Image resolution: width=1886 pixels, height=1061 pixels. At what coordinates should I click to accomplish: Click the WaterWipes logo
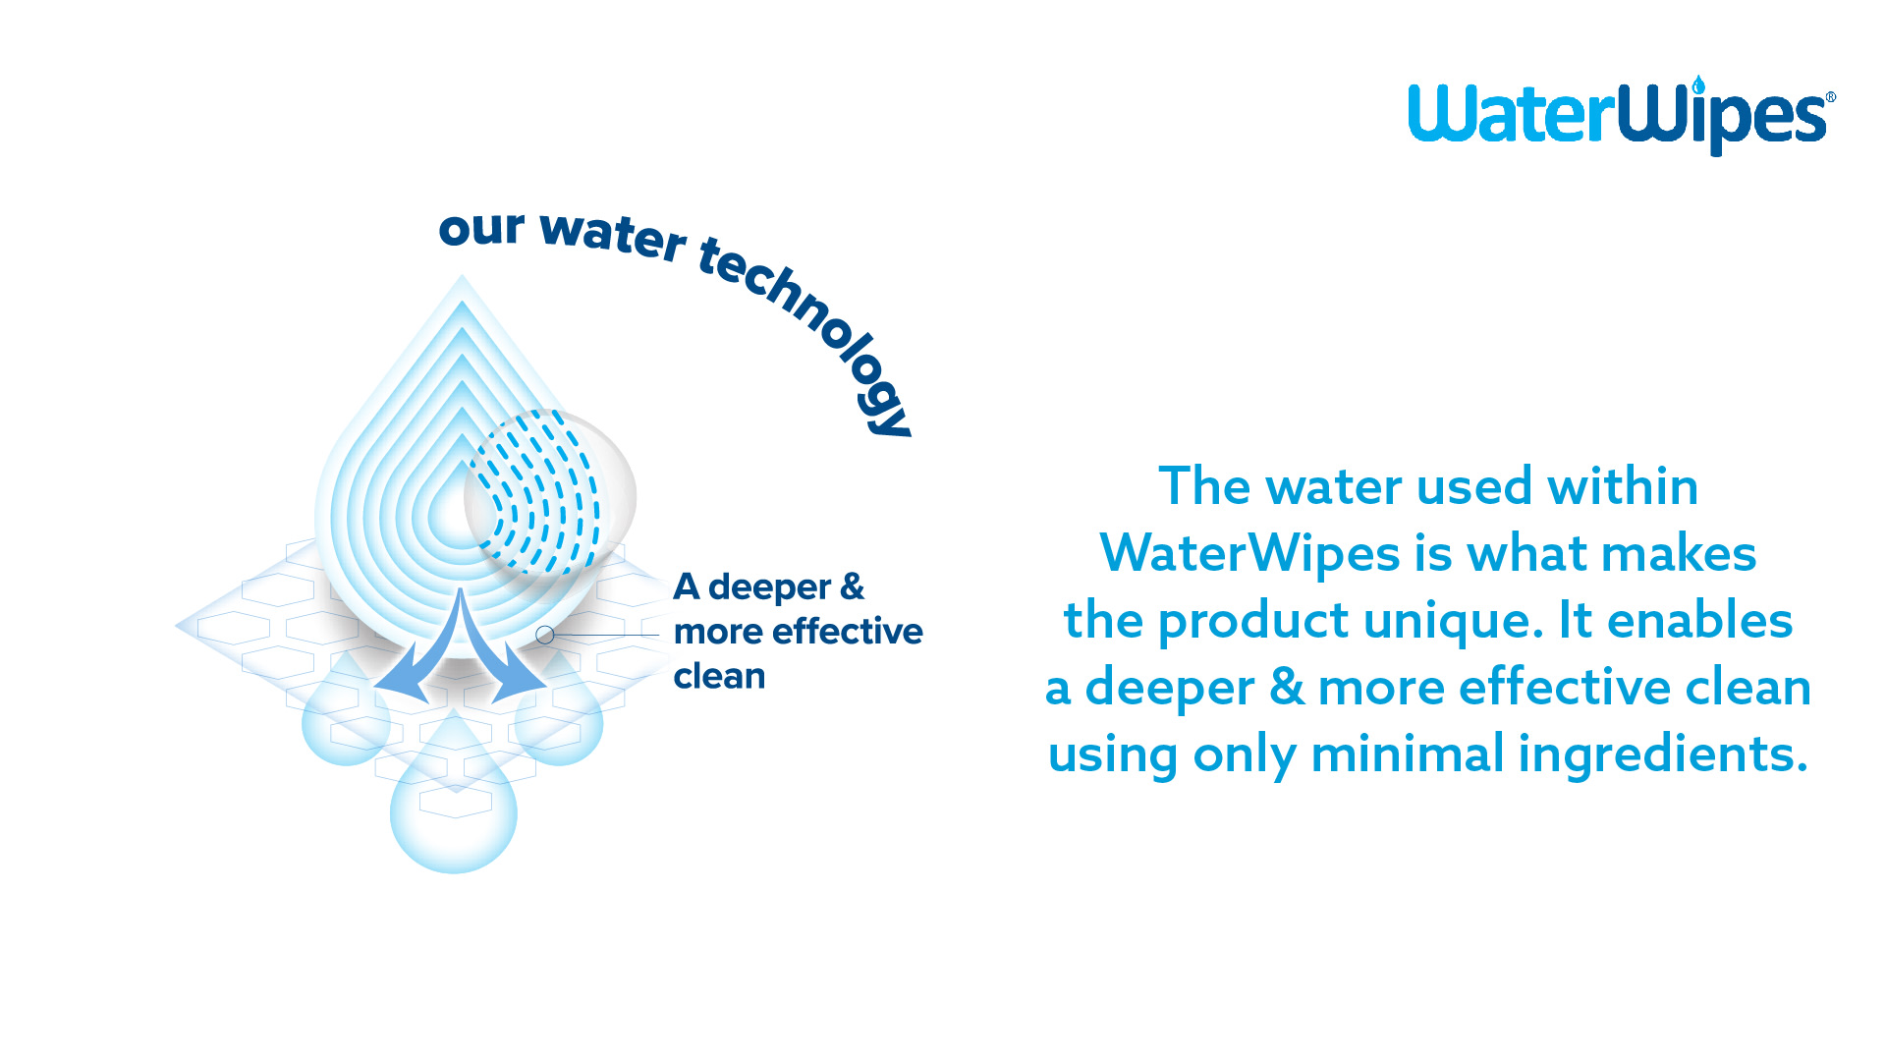1622,115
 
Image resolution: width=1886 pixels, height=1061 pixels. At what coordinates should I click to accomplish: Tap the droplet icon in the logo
1698,85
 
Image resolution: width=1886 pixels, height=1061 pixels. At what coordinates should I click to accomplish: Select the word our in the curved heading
481,229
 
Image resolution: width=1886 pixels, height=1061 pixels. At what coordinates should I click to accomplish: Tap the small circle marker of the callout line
545,636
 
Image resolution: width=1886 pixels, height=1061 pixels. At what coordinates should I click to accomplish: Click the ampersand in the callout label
852,586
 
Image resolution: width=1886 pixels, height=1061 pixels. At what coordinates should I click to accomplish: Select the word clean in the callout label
719,676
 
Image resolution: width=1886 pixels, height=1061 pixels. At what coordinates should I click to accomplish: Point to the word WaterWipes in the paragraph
1250,553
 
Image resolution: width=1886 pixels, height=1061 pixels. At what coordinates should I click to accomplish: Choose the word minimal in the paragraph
1408,754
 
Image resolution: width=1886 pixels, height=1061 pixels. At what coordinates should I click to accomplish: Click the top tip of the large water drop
462,275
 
